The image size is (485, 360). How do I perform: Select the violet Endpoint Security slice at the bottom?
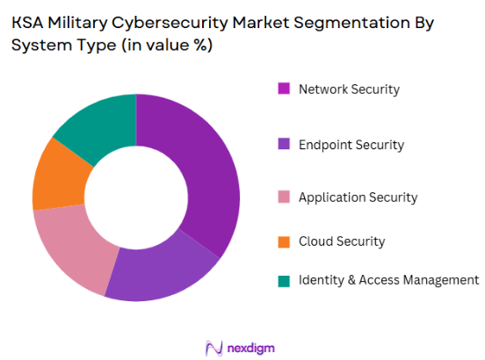click(163, 272)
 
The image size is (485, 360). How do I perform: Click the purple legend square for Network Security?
click(284, 89)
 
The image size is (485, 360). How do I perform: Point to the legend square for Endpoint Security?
click(284, 144)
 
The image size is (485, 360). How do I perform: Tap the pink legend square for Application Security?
click(284, 198)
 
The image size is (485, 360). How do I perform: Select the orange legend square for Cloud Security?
click(284, 241)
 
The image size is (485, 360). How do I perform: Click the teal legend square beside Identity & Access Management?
click(284, 281)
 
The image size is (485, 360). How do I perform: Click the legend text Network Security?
click(349, 89)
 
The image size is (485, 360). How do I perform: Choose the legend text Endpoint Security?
click(351, 144)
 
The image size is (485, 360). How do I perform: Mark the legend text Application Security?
click(358, 198)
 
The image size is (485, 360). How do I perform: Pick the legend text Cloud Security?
click(342, 241)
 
